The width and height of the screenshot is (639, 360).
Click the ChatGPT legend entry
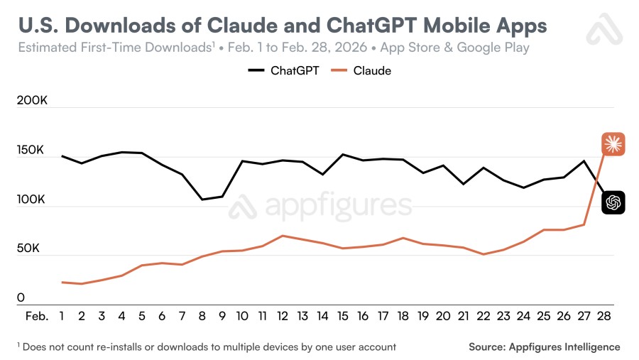[285, 70]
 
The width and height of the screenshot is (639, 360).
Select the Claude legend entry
[362, 70]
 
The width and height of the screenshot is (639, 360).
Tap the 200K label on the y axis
[32, 102]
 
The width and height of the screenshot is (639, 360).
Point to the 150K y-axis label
[32, 152]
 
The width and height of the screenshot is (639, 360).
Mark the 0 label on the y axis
[21, 298]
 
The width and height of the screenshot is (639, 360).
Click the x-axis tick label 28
[603, 316]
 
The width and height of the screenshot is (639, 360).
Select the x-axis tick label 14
[322, 316]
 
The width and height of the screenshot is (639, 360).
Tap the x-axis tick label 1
[62, 316]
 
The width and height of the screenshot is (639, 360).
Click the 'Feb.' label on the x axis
[37, 316]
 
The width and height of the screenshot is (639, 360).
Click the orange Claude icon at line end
[613, 144]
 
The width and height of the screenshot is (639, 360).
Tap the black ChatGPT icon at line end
[613, 203]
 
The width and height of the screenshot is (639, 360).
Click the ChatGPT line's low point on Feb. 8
[202, 200]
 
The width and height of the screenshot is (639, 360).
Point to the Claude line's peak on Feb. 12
[283, 236]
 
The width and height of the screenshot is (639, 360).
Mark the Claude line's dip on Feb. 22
[483, 254]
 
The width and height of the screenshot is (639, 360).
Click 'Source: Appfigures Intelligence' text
[544, 347]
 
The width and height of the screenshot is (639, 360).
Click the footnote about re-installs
[207, 347]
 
